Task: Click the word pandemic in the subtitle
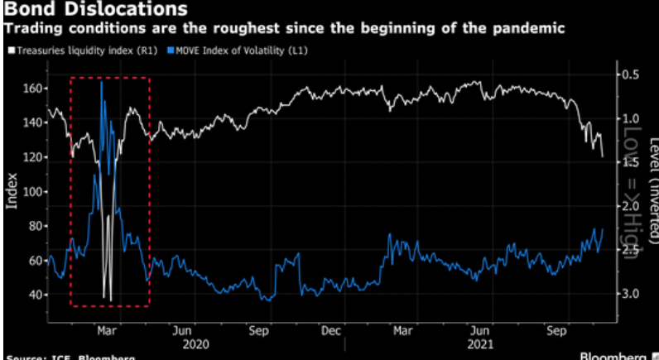(531, 29)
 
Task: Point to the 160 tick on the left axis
(31, 88)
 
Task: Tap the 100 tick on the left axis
(31, 191)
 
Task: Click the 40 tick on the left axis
(34, 295)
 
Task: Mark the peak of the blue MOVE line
(102, 82)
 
